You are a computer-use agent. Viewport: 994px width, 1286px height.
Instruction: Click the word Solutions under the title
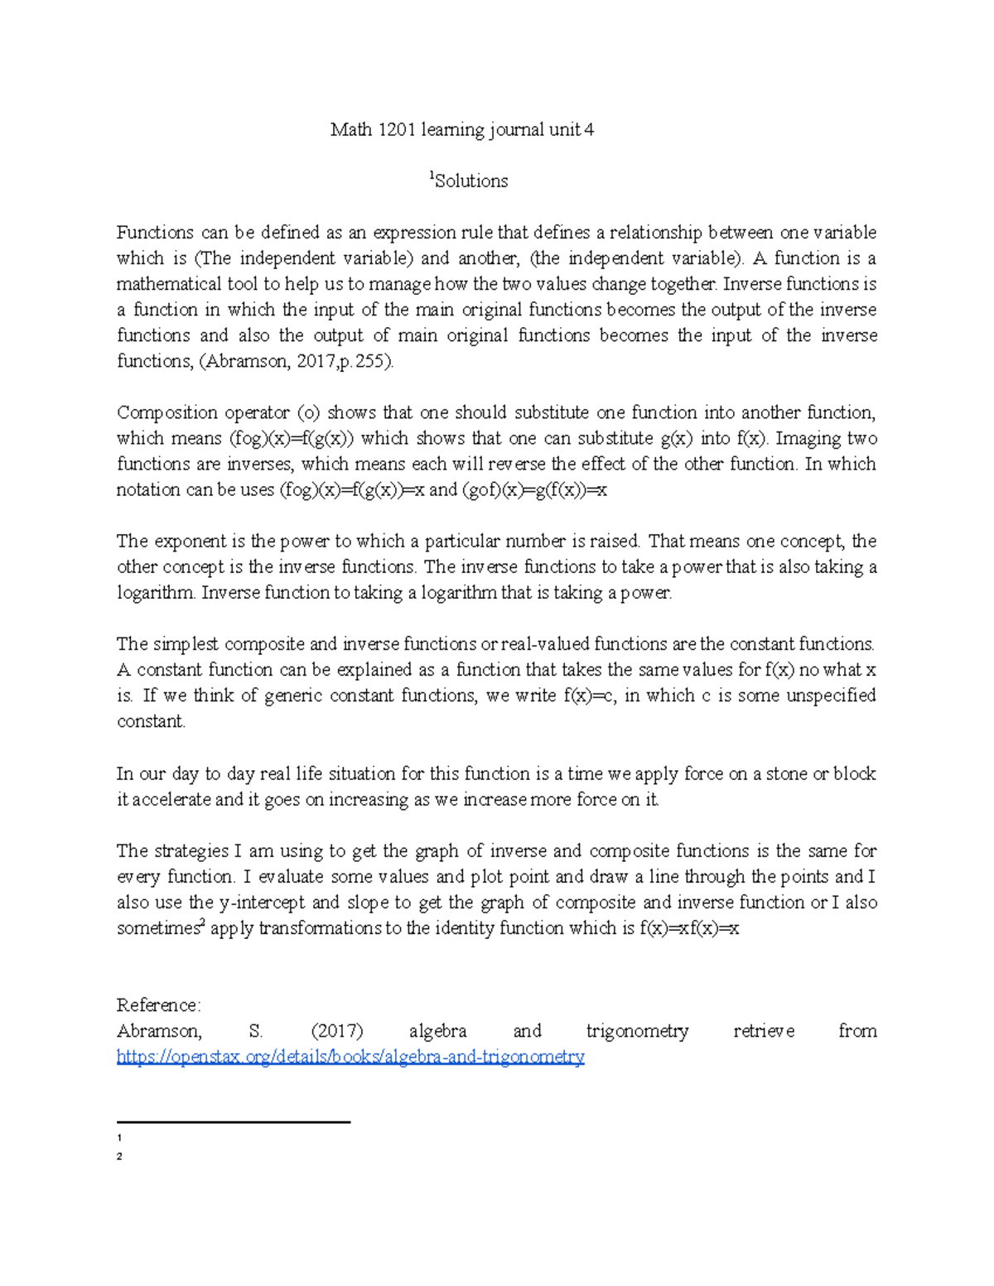coord(471,181)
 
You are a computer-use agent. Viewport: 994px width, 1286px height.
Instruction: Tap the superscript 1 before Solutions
coord(431,176)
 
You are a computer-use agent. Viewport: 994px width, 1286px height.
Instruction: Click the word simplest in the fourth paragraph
coord(186,644)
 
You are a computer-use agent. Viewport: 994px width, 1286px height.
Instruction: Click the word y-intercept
coord(262,902)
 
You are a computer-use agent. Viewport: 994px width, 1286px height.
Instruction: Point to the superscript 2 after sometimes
coord(203,922)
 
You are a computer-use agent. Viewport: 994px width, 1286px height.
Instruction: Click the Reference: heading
coord(158,1005)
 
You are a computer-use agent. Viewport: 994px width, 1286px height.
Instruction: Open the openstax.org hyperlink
coord(350,1057)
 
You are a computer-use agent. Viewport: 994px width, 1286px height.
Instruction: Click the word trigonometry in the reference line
coord(637,1031)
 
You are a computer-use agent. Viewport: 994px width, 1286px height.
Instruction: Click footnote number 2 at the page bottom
coord(120,1157)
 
